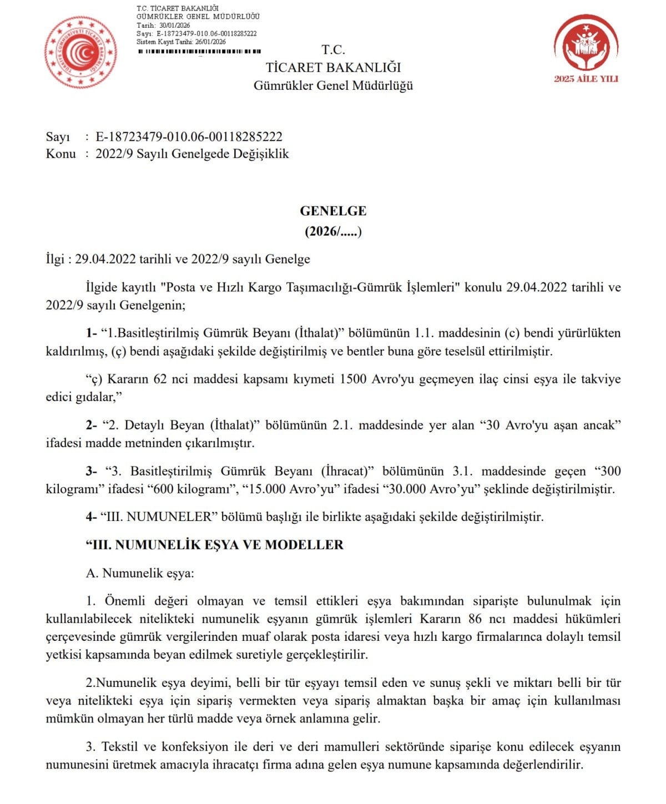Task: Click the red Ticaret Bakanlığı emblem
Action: coord(80,52)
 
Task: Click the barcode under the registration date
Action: coord(199,52)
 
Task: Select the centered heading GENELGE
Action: coord(333,211)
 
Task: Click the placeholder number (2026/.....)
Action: coord(333,231)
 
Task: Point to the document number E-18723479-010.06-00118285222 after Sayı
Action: coord(189,136)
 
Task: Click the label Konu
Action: coord(60,154)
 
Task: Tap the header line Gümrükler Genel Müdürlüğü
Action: coord(333,85)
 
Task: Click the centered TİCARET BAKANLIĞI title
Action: coord(333,67)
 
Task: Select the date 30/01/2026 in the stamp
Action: coord(174,26)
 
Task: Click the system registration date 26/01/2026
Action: coord(210,42)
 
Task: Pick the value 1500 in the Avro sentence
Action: coord(352,379)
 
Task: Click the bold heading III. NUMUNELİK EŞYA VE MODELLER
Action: coord(215,545)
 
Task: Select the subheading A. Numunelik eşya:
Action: coord(140,573)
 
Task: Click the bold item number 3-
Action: coord(92,471)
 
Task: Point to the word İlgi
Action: coord(55,259)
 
